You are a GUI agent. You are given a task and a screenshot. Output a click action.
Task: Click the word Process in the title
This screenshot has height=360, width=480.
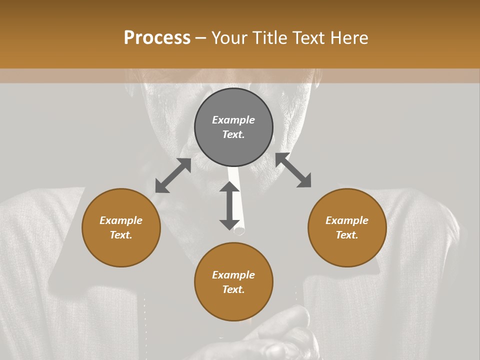coord(157,38)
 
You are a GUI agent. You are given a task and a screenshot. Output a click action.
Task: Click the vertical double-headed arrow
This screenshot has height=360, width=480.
coord(229,205)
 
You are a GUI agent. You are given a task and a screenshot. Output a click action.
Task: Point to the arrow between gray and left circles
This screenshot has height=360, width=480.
coord(173,175)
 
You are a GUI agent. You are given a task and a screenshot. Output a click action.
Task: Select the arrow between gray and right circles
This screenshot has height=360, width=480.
coord(293,170)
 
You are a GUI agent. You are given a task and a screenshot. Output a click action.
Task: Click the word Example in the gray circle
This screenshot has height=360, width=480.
coord(233,120)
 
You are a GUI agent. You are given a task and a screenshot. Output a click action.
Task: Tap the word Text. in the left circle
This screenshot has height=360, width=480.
coord(121,235)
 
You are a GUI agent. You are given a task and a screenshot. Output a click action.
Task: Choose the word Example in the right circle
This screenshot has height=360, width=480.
coord(347,220)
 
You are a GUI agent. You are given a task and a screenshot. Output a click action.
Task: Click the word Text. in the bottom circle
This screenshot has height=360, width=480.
coord(233,289)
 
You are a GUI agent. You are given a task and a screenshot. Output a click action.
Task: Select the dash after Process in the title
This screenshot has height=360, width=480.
coord(201,38)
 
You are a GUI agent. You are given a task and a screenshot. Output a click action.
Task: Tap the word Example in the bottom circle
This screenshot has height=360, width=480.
coord(233,275)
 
